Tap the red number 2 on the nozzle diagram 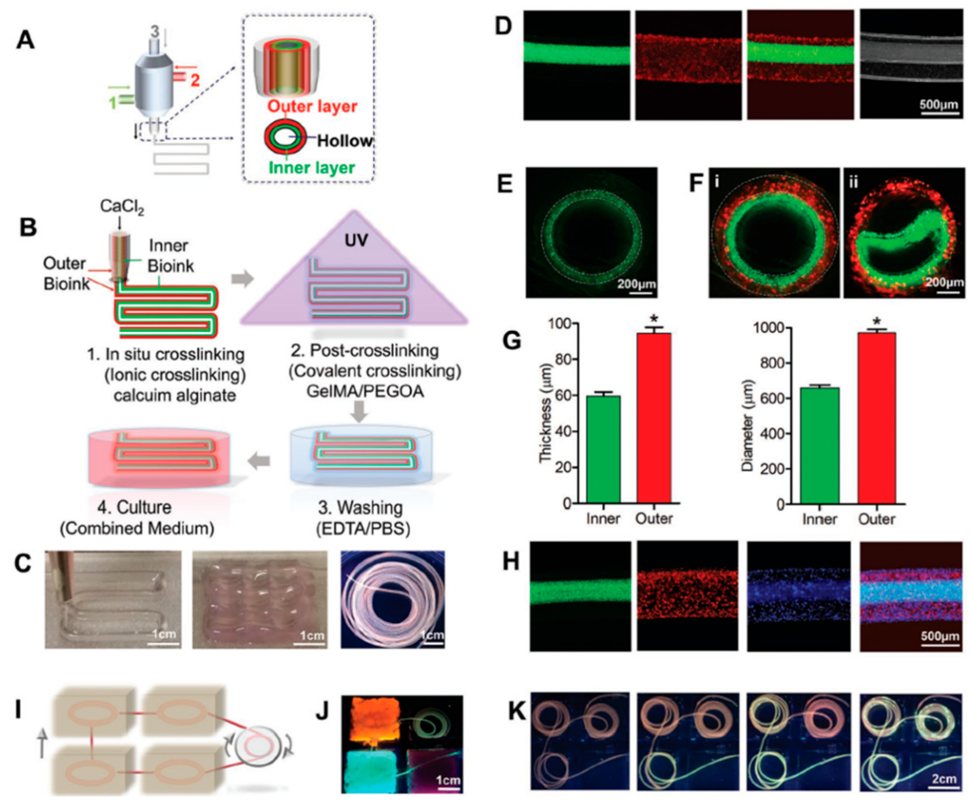(x=195, y=80)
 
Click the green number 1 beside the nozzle (x=112, y=102)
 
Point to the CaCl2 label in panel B (x=122, y=207)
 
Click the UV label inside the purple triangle (x=356, y=240)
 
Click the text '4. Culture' (x=134, y=507)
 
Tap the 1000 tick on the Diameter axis (x=769, y=328)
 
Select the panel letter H (x=511, y=562)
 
